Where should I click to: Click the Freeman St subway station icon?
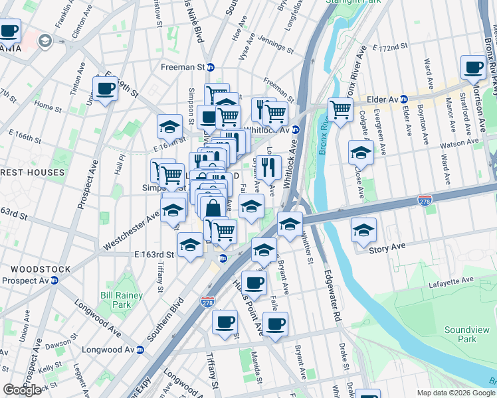tap(211, 67)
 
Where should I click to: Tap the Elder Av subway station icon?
tap(403, 99)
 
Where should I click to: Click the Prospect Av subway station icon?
tap(54, 281)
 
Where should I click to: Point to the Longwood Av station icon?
tap(140, 350)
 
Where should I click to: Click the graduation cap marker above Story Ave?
tap(363, 230)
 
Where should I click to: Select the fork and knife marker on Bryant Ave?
tap(268, 166)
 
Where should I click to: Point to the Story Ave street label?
tap(373, 249)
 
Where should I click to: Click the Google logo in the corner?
tap(22, 390)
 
